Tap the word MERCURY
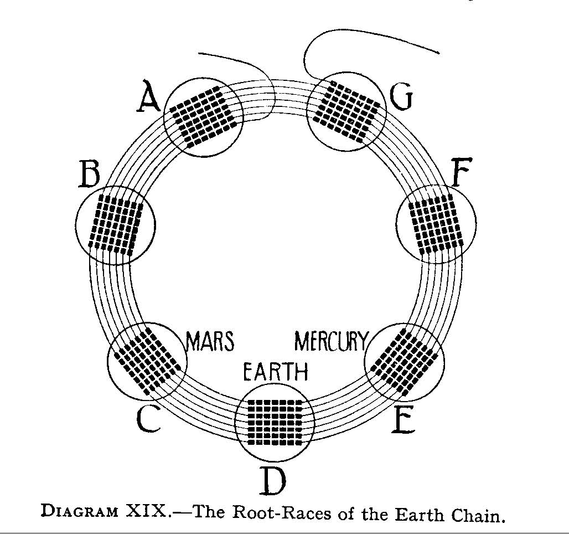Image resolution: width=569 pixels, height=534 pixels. click(331, 341)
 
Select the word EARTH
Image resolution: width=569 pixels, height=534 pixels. click(276, 372)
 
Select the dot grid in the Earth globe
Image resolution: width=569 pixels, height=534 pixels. click(275, 422)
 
